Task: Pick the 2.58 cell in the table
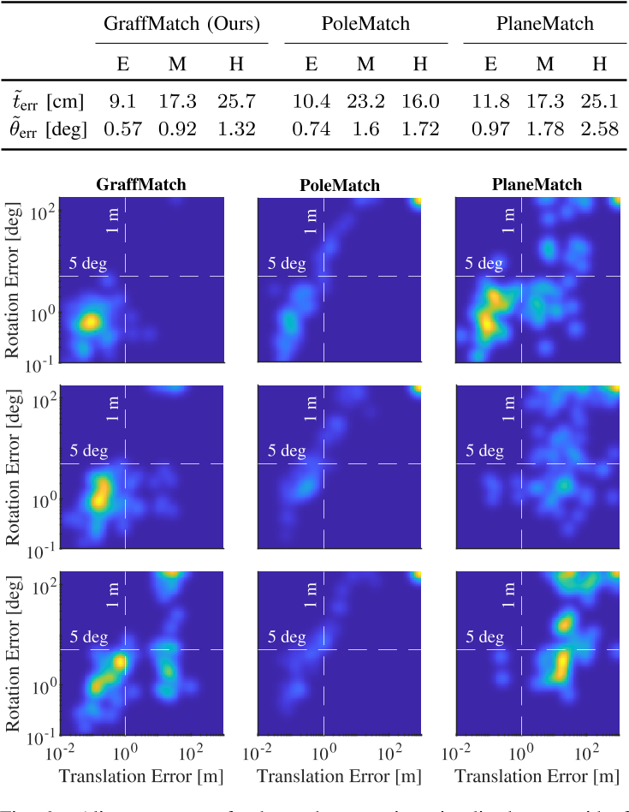coord(599,129)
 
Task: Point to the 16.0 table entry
coord(420,102)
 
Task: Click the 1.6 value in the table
coord(365,129)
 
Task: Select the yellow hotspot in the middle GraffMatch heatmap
coord(101,492)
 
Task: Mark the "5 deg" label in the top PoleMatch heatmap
coord(286,264)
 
